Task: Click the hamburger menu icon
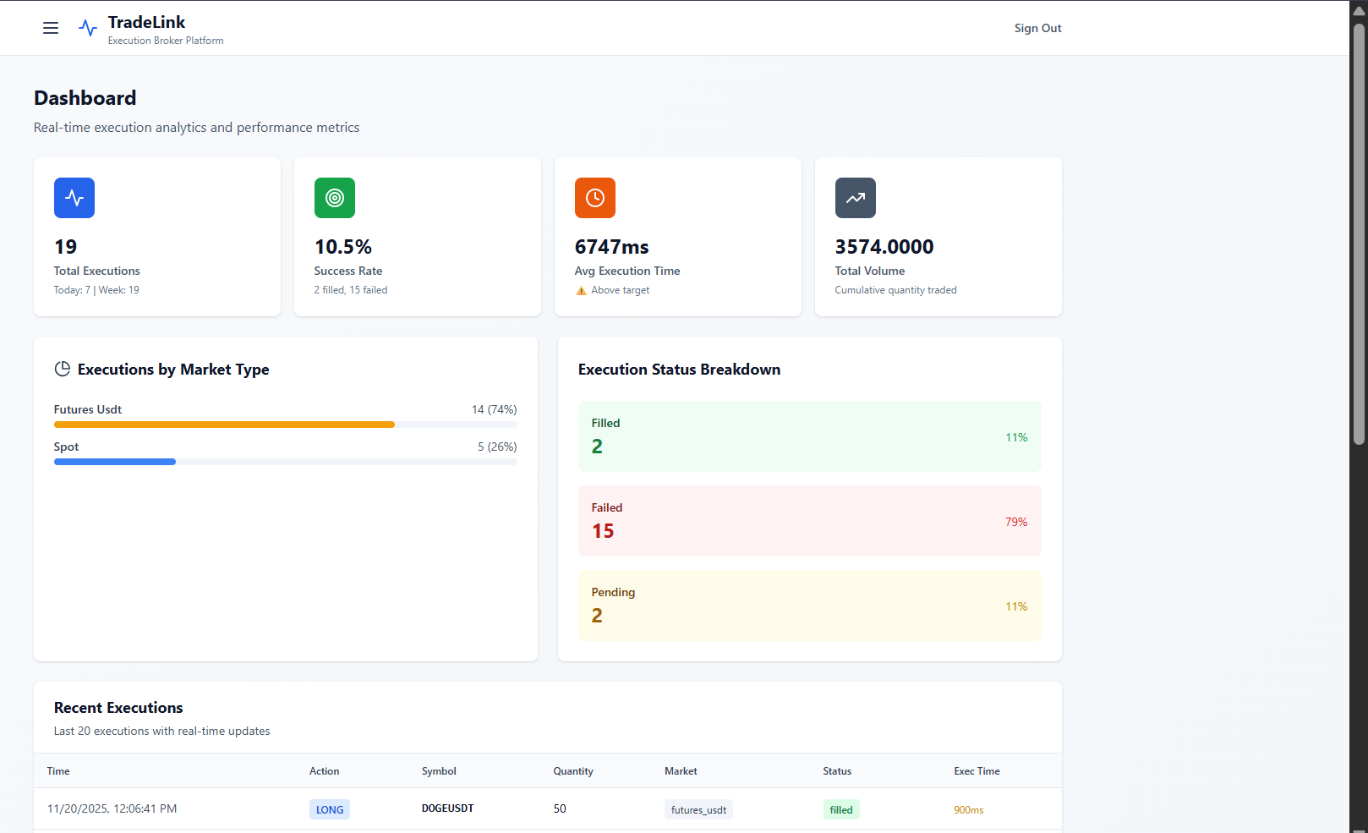(x=51, y=28)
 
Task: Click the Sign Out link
(x=1037, y=28)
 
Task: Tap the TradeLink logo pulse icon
(x=88, y=28)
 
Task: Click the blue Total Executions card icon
(x=74, y=198)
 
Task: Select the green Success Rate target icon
(x=335, y=198)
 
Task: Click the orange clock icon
(x=595, y=198)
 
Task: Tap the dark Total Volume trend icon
(x=856, y=198)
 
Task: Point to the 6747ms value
(x=611, y=247)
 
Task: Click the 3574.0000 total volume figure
(x=884, y=247)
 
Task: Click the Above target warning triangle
(x=581, y=291)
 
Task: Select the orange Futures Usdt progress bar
(x=224, y=425)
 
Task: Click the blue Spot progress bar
(x=115, y=462)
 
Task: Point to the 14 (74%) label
(x=494, y=409)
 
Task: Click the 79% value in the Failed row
(x=1015, y=522)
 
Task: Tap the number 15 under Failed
(x=603, y=531)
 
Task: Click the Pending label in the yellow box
(x=613, y=592)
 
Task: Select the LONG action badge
(x=330, y=809)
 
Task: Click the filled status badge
(x=841, y=809)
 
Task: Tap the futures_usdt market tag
(x=698, y=809)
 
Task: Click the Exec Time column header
(x=977, y=771)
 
